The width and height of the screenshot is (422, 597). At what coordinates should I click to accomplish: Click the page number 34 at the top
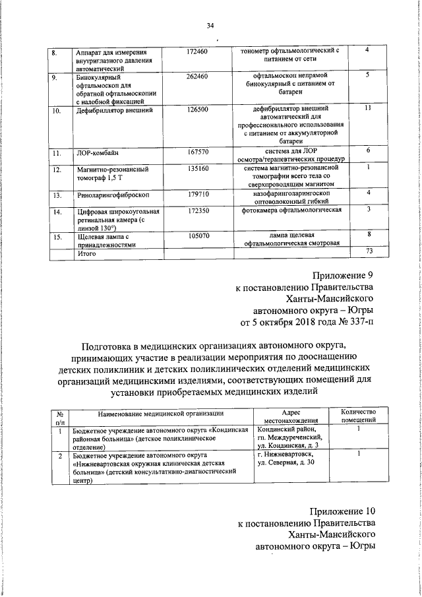pyautogui.click(x=210, y=26)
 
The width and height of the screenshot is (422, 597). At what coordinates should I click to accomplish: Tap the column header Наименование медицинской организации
pyautogui.click(x=162, y=413)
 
